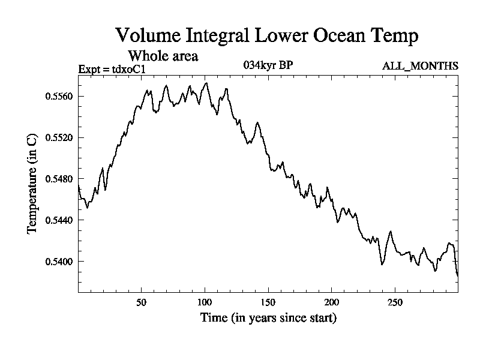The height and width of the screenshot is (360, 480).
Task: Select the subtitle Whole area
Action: (163, 56)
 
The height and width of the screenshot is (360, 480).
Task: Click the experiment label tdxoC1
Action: (112, 70)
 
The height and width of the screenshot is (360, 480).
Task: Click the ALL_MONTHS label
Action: (420, 66)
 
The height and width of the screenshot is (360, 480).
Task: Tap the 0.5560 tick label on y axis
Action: (59, 96)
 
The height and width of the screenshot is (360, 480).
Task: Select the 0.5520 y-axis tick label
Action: (59, 137)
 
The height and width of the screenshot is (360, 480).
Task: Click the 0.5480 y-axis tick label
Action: (59, 179)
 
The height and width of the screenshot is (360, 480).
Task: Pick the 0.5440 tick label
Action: (59, 220)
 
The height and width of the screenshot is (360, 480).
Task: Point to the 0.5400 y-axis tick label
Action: (59, 262)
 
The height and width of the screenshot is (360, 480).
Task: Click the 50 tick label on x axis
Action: (142, 302)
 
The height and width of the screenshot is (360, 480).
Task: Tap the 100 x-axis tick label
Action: (205, 302)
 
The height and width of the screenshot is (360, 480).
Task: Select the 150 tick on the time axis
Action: (268, 302)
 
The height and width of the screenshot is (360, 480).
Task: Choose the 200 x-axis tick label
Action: (332, 302)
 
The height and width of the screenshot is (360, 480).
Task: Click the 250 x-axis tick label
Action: (395, 302)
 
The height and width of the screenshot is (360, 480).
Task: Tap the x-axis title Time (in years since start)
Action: (268, 318)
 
